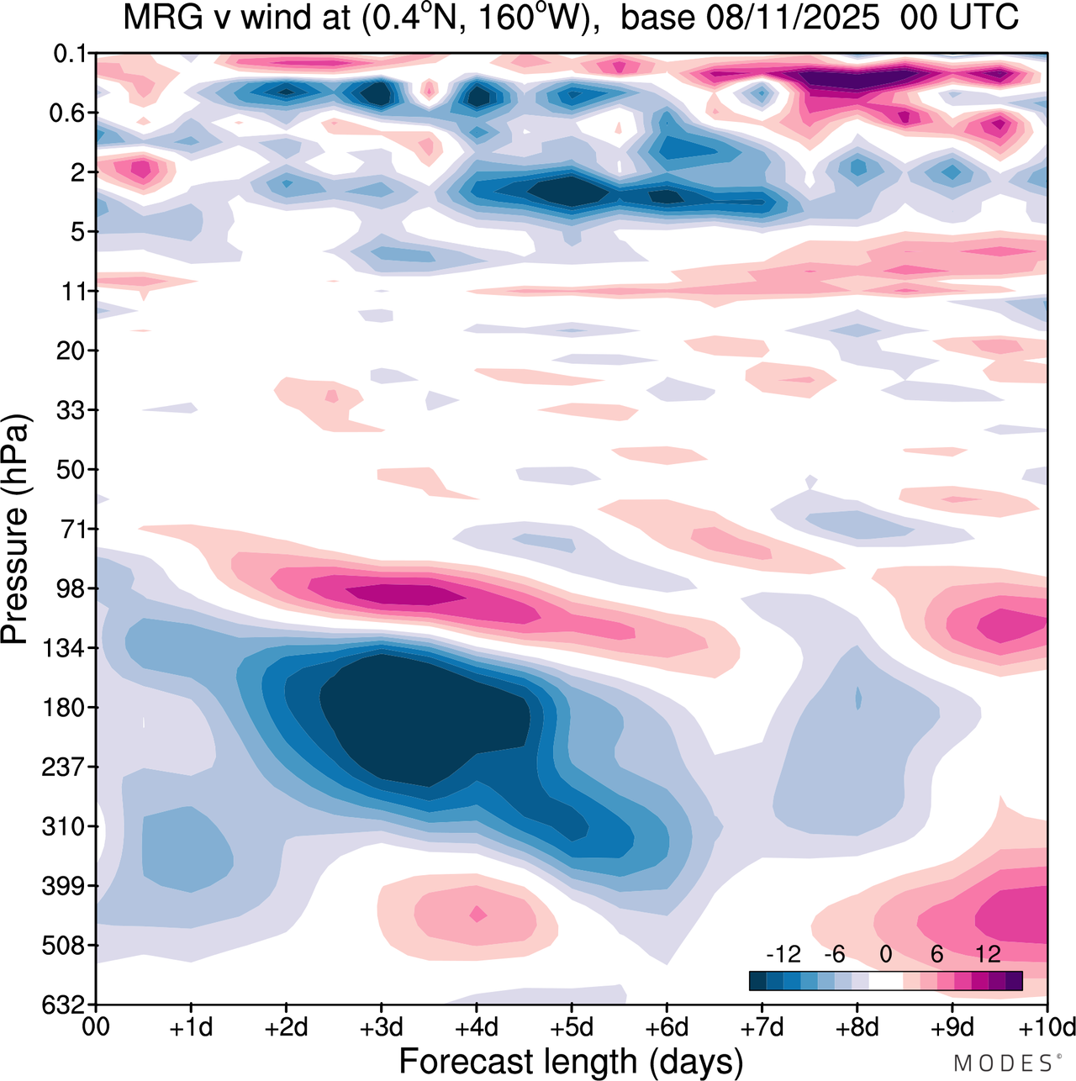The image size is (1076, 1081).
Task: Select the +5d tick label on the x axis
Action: (x=572, y=1027)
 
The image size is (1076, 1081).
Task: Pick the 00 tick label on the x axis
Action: (x=97, y=1027)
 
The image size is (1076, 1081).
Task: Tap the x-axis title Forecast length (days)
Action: (x=571, y=1062)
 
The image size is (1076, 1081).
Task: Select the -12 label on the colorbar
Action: (x=783, y=954)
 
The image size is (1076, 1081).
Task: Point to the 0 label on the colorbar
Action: (x=885, y=954)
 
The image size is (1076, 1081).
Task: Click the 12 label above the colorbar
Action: (x=988, y=954)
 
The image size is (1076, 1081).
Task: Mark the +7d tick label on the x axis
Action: (x=762, y=1027)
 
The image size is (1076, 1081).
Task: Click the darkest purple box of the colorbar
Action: (x=1014, y=980)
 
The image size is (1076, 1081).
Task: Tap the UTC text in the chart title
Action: (x=984, y=17)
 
